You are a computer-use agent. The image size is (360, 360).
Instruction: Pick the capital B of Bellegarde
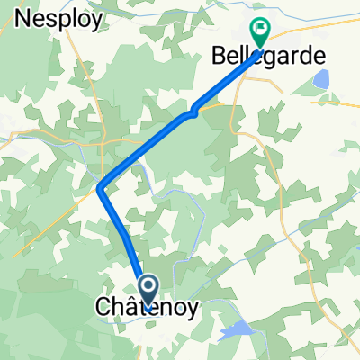pos(217,56)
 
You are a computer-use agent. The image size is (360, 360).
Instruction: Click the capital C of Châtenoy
pos(103,308)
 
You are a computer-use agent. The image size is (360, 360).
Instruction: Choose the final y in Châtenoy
pos(191,310)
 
